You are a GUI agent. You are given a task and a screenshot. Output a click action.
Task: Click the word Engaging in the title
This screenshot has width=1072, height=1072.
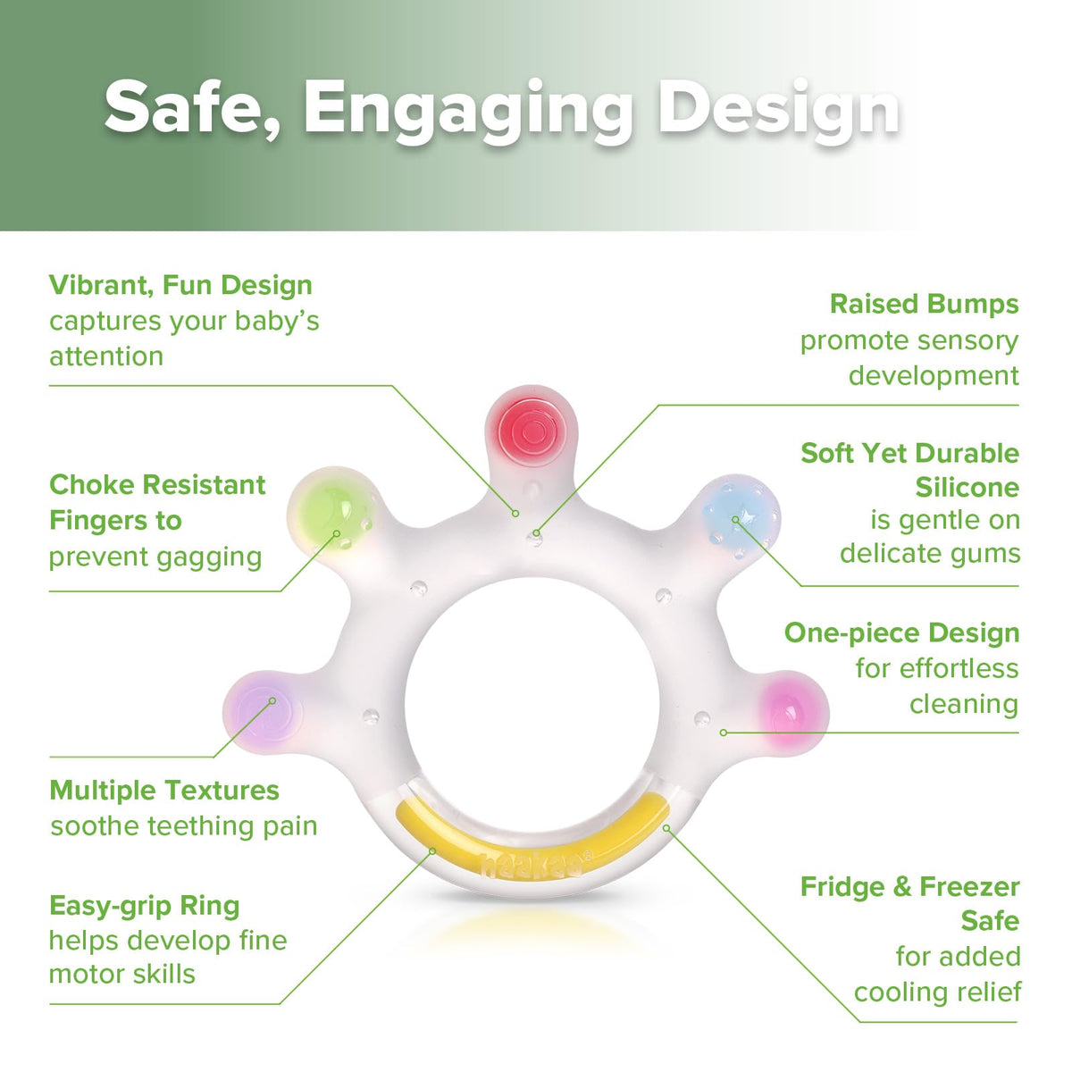pyautogui.click(x=468, y=108)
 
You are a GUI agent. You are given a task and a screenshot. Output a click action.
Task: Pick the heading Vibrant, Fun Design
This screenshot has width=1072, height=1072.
pyautogui.click(x=180, y=285)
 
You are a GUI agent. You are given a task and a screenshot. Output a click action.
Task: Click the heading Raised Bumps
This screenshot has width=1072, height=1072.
pyautogui.click(x=924, y=305)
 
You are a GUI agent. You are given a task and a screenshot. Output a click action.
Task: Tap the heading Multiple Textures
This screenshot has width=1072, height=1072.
pyautogui.click(x=164, y=791)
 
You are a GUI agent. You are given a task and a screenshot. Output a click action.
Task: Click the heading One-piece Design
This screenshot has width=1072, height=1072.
pyautogui.click(x=901, y=633)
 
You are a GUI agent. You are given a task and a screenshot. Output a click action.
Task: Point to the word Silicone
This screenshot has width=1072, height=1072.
pyautogui.click(x=967, y=488)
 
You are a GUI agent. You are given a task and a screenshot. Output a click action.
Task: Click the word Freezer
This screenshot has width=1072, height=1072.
pyautogui.click(x=969, y=887)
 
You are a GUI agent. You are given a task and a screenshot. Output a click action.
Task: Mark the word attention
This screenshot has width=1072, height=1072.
pyautogui.click(x=106, y=356)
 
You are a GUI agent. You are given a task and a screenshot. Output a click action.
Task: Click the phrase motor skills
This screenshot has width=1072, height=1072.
pyautogui.click(x=122, y=975)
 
